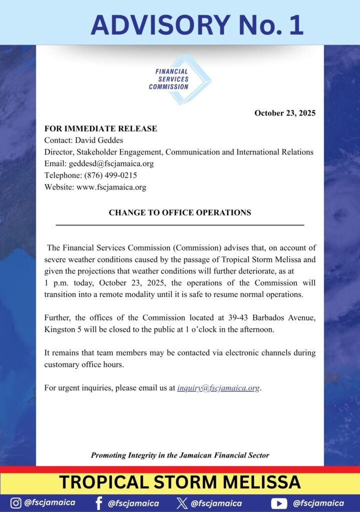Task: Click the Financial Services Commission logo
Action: [x=180, y=79]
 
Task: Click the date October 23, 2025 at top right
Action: [x=284, y=113]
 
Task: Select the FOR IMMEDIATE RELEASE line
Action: [x=100, y=128]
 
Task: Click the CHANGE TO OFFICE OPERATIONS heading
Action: [x=180, y=212]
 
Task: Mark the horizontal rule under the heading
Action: [x=180, y=225]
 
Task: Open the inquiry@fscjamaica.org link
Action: [x=218, y=388]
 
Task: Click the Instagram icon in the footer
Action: [x=16, y=503]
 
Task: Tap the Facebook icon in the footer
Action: [x=98, y=503]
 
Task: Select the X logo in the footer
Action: [x=182, y=503]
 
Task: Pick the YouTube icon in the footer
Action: [x=279, y=503]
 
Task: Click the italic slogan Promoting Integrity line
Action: [x=180, y=455]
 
